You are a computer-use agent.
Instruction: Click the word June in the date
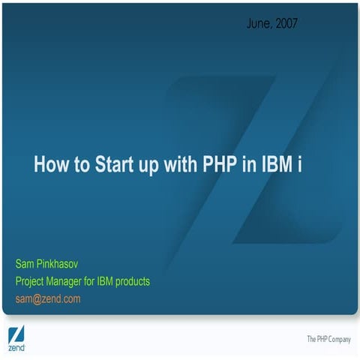coord(258,24)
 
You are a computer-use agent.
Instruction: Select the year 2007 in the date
coord(286,24)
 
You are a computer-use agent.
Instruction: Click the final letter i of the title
coord(300,165)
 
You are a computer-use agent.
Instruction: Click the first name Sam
coord(25,264)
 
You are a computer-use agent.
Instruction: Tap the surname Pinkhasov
coord(61,264)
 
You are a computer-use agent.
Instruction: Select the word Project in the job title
coord(31,281)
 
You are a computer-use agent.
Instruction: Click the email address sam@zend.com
coord(48,298)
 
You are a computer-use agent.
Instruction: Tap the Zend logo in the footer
coord(16,339)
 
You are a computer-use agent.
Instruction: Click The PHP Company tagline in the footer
coord(328,340)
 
